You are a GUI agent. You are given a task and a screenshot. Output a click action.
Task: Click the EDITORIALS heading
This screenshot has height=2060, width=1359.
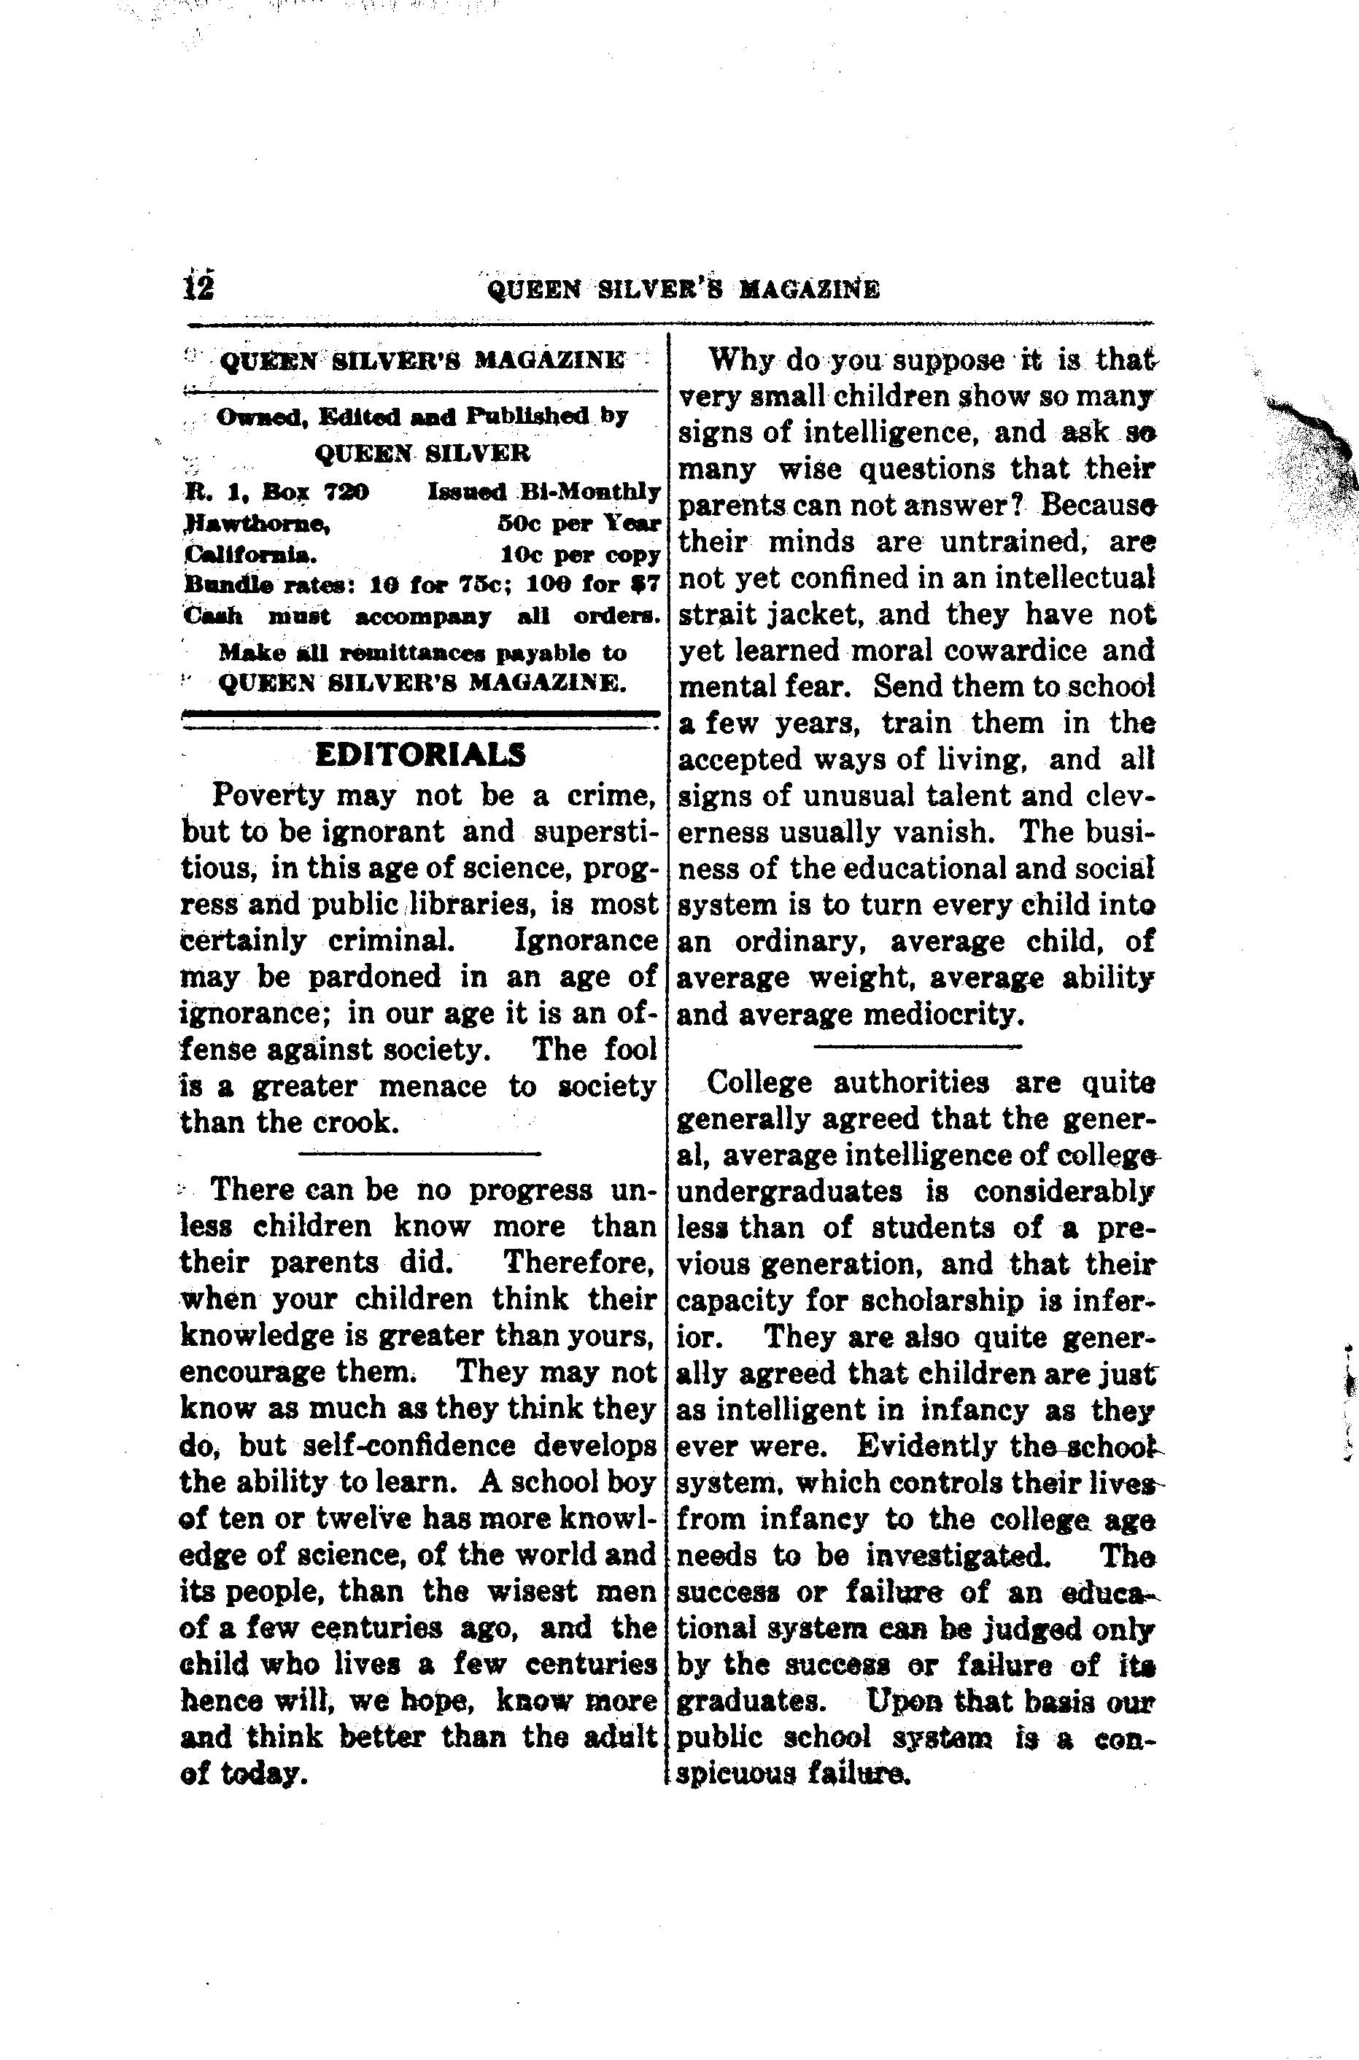coord(421,755)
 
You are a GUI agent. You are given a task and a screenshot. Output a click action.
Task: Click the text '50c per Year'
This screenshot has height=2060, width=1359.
coord(579,524)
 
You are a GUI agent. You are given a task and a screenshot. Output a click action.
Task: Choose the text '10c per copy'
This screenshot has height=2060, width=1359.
coord(581,554)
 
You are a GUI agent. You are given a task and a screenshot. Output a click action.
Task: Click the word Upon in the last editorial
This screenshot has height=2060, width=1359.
coord(903,1700)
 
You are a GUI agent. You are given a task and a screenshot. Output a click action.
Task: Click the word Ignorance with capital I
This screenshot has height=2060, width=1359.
coord(586,940)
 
